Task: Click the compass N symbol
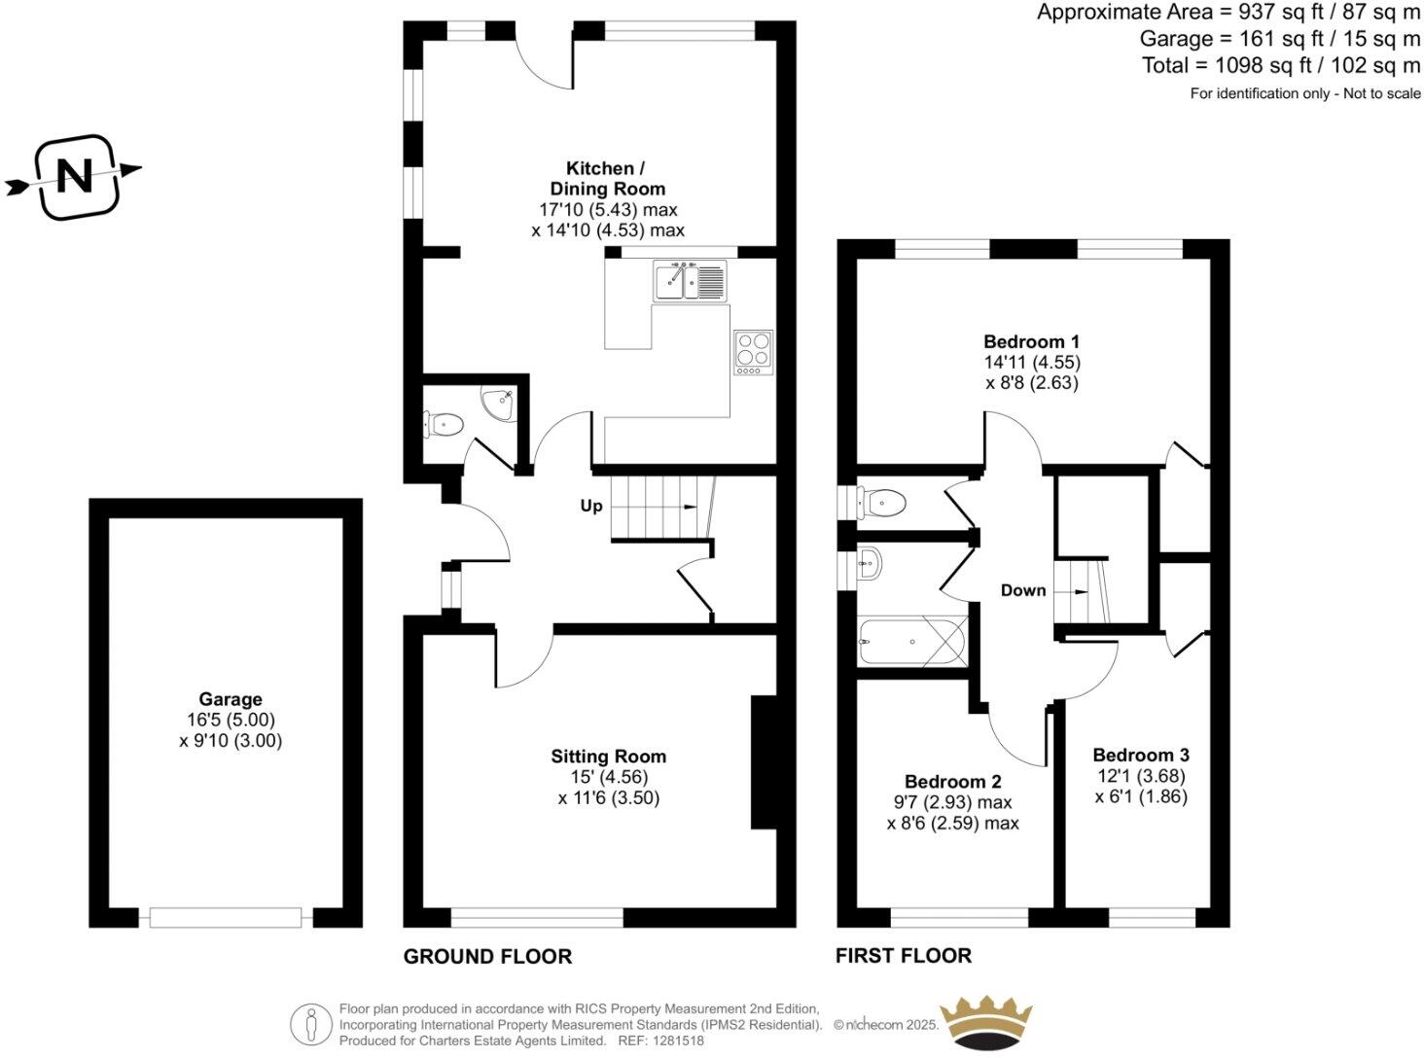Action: pyautogui.click(x=76, y=177)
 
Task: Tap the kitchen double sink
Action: pyautogui.click(x=690, y=281)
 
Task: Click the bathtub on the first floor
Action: pyautogui.click(x=911, y=641)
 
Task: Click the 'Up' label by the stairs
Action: pyautogui.click(x=591, y=506)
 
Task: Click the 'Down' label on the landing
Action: pyautogui.click(x=1023, y=590)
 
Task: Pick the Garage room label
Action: pyautogui.click(x=231, y=699)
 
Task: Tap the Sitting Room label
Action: pyautogui.click(x=608, y=756)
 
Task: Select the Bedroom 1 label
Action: pyautogui.click(x=1031, y=341)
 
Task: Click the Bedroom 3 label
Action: pyautogui.click(x=1140, y=755)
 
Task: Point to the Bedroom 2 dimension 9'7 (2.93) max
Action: pyautogui.click(x=952, y=802)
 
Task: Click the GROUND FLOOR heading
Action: pyautogui.click(x=487, y=956)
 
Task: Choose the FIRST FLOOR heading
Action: pyautogui.click(x=903, y=955)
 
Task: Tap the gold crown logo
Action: pyautogui.click(x=984, y=1023)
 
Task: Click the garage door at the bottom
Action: pyautogui.click(x=226, y=917)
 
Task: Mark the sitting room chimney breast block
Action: pyautogui.click(x=764, y=762)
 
